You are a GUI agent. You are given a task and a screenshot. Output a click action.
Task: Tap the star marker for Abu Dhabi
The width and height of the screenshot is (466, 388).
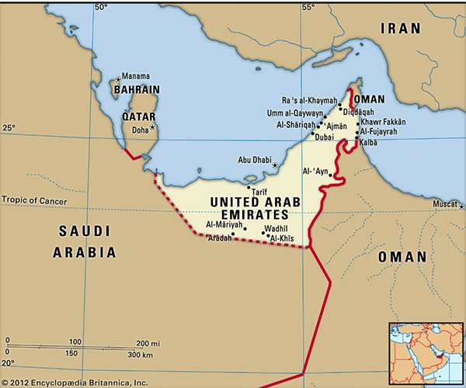click(x=274, y=165)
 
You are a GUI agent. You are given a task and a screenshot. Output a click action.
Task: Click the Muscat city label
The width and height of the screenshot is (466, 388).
click(x=444, y=204)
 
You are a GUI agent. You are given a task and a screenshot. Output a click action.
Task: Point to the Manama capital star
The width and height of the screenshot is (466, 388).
click(x=118, y=78)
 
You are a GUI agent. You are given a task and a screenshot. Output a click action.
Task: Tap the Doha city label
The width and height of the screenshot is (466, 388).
click(x=140, y=130)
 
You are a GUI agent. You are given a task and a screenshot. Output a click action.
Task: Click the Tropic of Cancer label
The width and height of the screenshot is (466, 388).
click(x=34, y=201)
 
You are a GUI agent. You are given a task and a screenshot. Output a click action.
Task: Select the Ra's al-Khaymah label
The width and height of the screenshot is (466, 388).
click(x=310, y=100)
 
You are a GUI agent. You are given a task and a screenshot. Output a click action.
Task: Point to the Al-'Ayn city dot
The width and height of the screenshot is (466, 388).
click(x=331, y=176)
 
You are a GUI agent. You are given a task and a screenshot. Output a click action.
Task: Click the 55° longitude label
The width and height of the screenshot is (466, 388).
click(x=308, y=7)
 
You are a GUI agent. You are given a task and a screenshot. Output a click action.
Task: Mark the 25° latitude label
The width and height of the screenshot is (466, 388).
click(x=8, y=126)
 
